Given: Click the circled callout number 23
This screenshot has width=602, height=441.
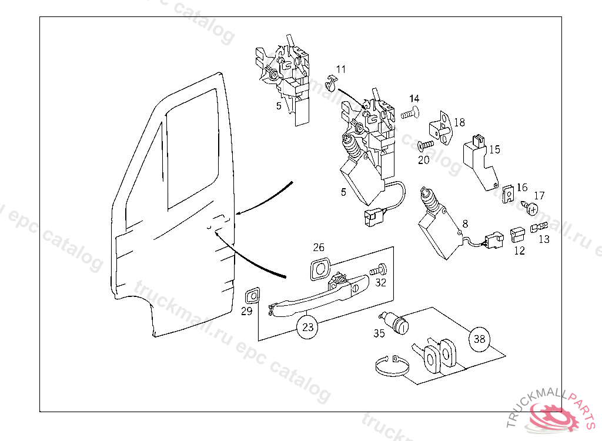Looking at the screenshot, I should [308, 327].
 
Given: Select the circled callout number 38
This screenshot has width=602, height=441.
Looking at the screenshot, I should [480, 339].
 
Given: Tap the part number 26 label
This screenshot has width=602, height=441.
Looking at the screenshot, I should [319, 248].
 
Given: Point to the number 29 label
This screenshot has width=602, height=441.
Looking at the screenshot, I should [247, 311].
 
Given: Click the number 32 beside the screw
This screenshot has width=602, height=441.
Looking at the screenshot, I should [381, 283].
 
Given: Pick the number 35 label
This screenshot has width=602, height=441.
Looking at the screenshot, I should [379, 333].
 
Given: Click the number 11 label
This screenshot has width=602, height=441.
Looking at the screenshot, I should [341, 70].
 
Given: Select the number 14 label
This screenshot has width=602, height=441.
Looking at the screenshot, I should [414, 98].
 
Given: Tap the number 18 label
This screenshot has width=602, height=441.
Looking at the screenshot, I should [459, 122].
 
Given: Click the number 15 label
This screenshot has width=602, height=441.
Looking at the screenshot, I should [494, 150].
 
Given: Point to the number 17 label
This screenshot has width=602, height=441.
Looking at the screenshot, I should [539, 196].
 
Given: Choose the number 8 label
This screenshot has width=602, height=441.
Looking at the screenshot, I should [465, 224].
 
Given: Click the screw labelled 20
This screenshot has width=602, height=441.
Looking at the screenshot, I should [425, 144].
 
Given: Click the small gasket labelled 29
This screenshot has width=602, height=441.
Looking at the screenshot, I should [253, 295].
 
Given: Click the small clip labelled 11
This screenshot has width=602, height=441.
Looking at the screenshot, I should [333, 82].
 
